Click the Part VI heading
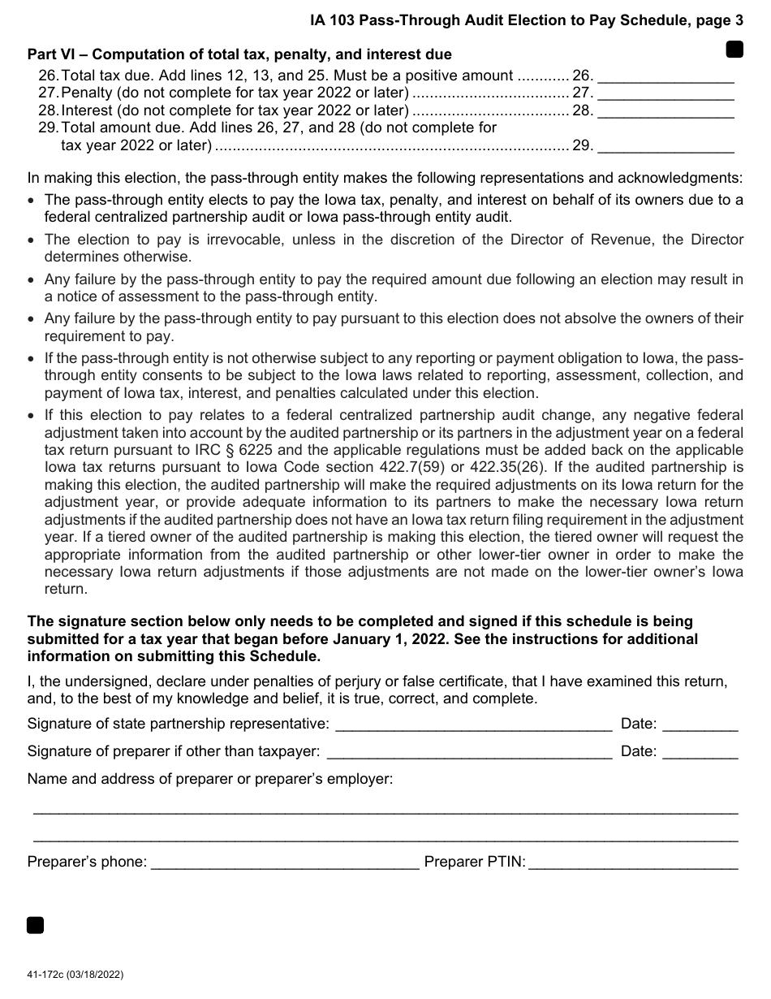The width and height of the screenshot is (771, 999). (239, 55)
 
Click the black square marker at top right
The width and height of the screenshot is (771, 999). (734, 50)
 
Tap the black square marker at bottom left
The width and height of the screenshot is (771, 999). (35, 925)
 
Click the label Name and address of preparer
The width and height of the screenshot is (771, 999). (209, 780)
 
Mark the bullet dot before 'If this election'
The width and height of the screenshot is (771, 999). (32, 415)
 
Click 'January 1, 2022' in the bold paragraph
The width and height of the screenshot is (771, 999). (391, 639)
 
